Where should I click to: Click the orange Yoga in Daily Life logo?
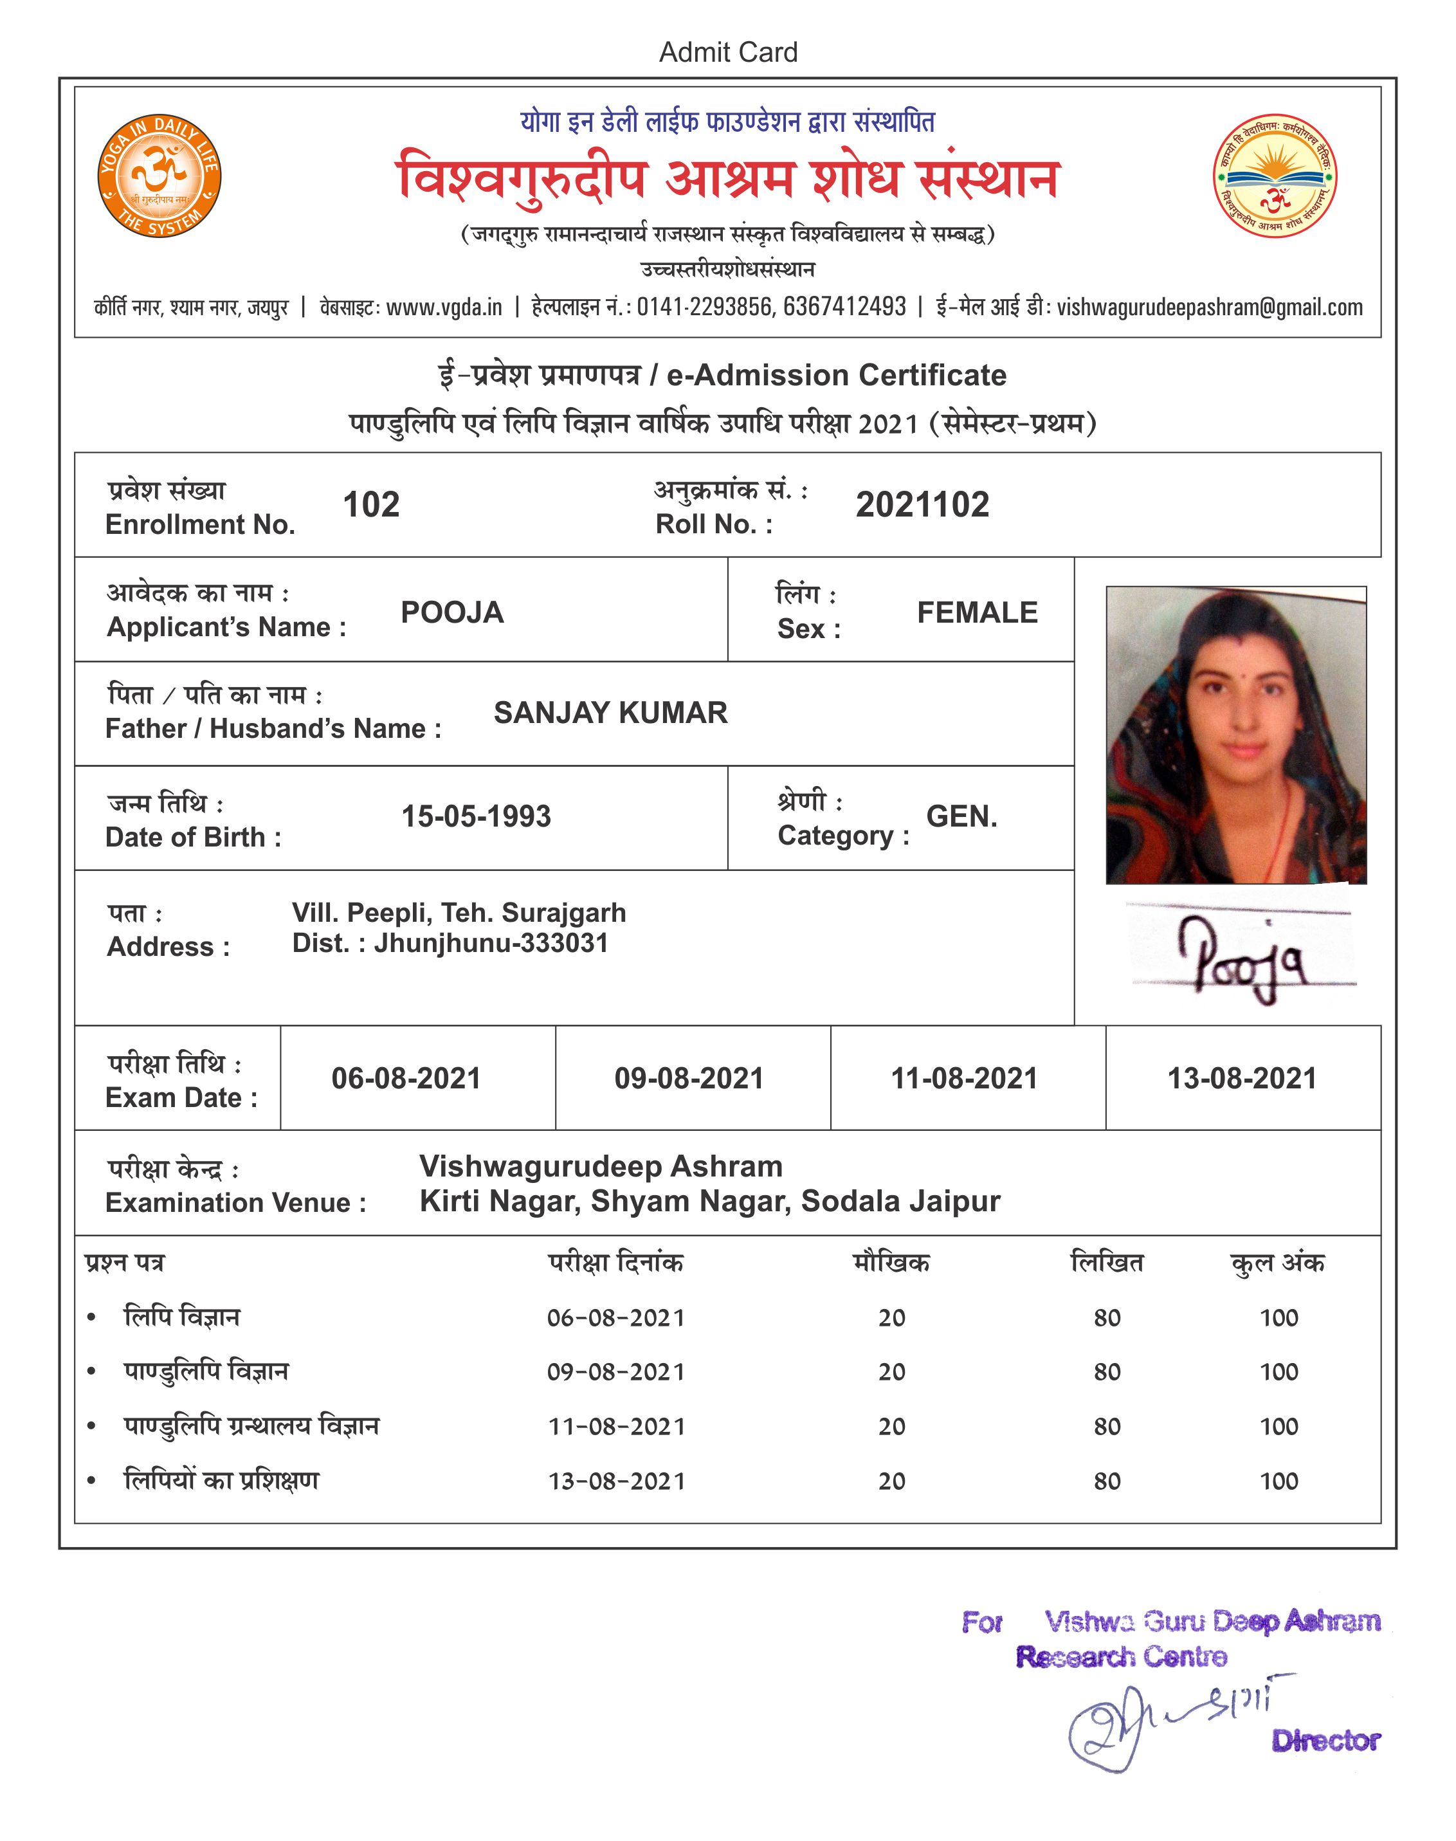(159, 176)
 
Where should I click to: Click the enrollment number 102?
(371, 505)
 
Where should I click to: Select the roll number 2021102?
(922, 505)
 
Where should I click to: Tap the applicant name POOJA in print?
(452, 612)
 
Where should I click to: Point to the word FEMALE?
(977, 612)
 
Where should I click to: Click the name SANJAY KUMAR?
(610, 713)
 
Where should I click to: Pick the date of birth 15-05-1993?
(476, 816)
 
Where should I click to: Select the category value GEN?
(961, 816)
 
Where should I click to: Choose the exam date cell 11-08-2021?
(964, 1079)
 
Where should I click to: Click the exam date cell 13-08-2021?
(1241, 1079)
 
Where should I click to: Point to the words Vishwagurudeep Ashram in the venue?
(601, 1166)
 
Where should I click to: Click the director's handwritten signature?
(1168, 1727)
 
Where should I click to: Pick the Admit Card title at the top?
(728, 53)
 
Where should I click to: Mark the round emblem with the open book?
(1275, 176)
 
